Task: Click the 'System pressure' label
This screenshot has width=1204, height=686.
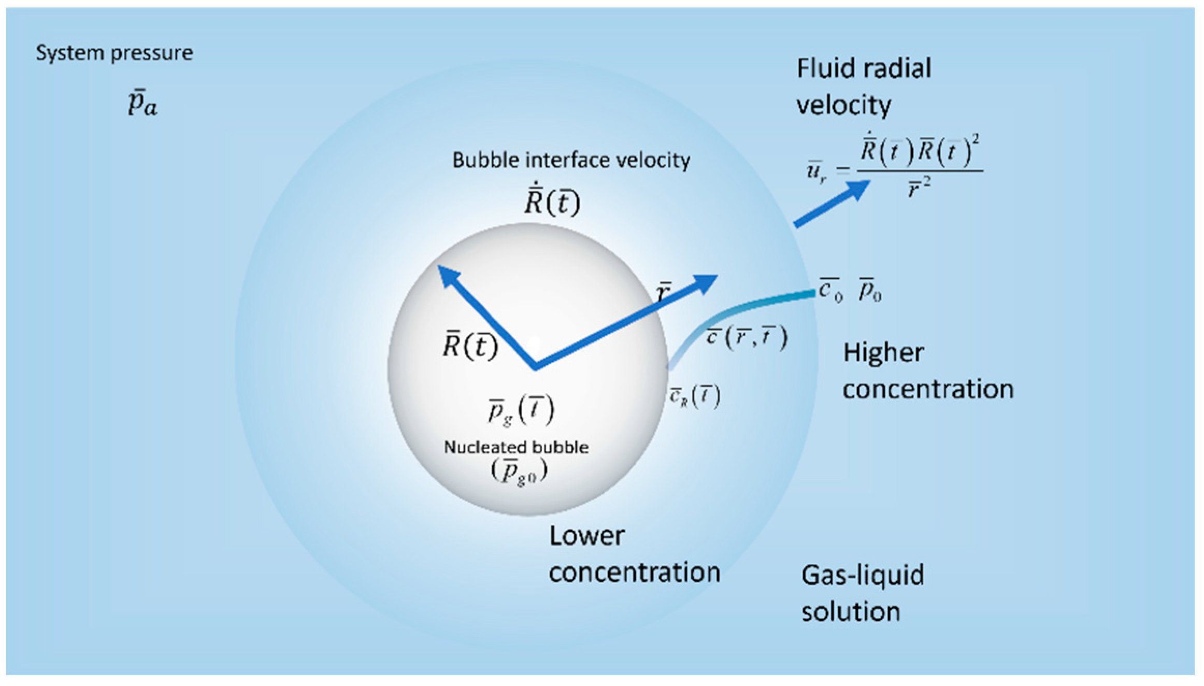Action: tap(114, 53)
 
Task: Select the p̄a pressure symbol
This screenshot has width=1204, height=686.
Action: tap(142, 103)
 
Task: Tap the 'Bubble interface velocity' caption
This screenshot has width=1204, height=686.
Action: tap(571, 160)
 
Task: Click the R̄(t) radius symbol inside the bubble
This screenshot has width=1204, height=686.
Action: tap(470, 345)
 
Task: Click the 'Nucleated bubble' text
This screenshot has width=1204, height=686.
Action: tap(516, 447)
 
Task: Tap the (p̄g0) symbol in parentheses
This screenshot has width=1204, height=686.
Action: tap(519, 471)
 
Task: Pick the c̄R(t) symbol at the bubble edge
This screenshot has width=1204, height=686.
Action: tap(695, 397)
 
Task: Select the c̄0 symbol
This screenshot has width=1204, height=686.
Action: tap(830, 290)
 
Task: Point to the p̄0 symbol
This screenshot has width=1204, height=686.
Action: tap(870, 291)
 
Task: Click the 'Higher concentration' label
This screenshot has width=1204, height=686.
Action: tap(927, 370)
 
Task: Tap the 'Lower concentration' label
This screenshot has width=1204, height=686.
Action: tap(634, 554)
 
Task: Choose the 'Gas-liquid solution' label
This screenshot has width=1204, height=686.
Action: tap(863, 593)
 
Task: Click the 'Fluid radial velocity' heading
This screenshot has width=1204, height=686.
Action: tap(864, 87)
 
